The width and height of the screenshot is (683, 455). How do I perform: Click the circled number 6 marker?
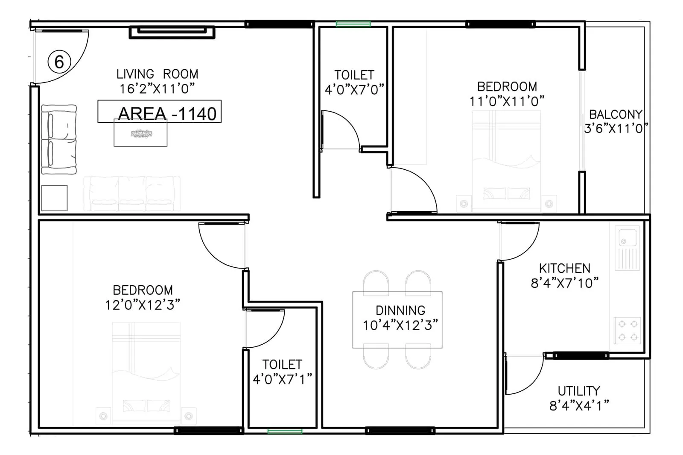pyautogui.click(x=59, y=62)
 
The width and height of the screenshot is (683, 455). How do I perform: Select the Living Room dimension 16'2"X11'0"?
pyautogui.click(x=157, y=89)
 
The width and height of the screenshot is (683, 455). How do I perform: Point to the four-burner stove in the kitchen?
pyautogui.click(x=628, y=331)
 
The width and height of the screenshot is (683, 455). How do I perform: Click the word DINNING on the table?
pyautogui.click(x=400, y=310)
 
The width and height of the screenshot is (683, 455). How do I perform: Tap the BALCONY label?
pyautogui.click(x=615, y=115)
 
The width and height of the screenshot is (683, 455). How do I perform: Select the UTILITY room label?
pyautogui.click(x=579, y=391)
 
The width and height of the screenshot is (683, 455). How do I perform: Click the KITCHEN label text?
pyautogui.click(x=564, y=269)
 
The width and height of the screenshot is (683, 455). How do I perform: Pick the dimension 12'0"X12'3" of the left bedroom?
pyautogui.click(x=143, y=305)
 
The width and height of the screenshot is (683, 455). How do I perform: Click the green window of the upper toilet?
pyautogui.click(x=353, y=24)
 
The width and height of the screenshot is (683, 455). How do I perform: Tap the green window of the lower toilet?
pyautogui.click(x=285, y=431)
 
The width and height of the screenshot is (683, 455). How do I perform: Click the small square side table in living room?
pyautogui.click(x=54, y=198)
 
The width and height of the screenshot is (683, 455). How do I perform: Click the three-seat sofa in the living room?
pyautogui.click(x=131, y=193)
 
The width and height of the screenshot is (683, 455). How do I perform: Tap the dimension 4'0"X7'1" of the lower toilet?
pyautogui.click(x=282, y=379)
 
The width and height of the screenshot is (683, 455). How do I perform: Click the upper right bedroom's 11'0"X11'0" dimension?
pyautogui.click(x=507, y=102)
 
